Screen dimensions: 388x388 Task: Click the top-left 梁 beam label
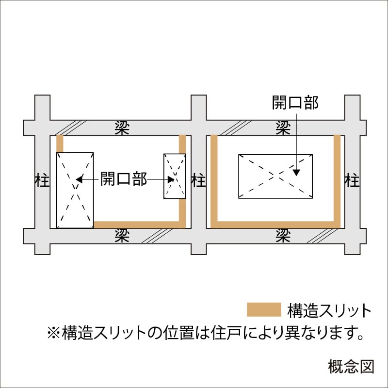(122, 128)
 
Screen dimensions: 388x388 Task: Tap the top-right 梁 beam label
(283, 128)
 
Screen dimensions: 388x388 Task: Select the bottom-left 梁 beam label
(122, 236)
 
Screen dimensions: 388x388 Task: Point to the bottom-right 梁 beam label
(283, 236)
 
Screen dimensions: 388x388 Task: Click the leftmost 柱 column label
(42, 180)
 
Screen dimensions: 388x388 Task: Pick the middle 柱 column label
(198, 180)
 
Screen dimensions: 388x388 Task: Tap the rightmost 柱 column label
(352, 180)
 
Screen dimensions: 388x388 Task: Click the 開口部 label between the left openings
(124, 178)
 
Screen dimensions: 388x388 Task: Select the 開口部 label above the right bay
(295, 102)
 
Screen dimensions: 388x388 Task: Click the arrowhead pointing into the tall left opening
(79, 179)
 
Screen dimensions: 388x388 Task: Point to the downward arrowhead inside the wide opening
(296, 173)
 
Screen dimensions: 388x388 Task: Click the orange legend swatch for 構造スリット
(264, 309)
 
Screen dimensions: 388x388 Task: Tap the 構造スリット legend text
(329, 310)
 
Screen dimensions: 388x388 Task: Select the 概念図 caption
(351, 367)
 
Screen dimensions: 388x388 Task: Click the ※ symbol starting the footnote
(54, 333)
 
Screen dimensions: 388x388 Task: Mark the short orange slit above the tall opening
(60, 144)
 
